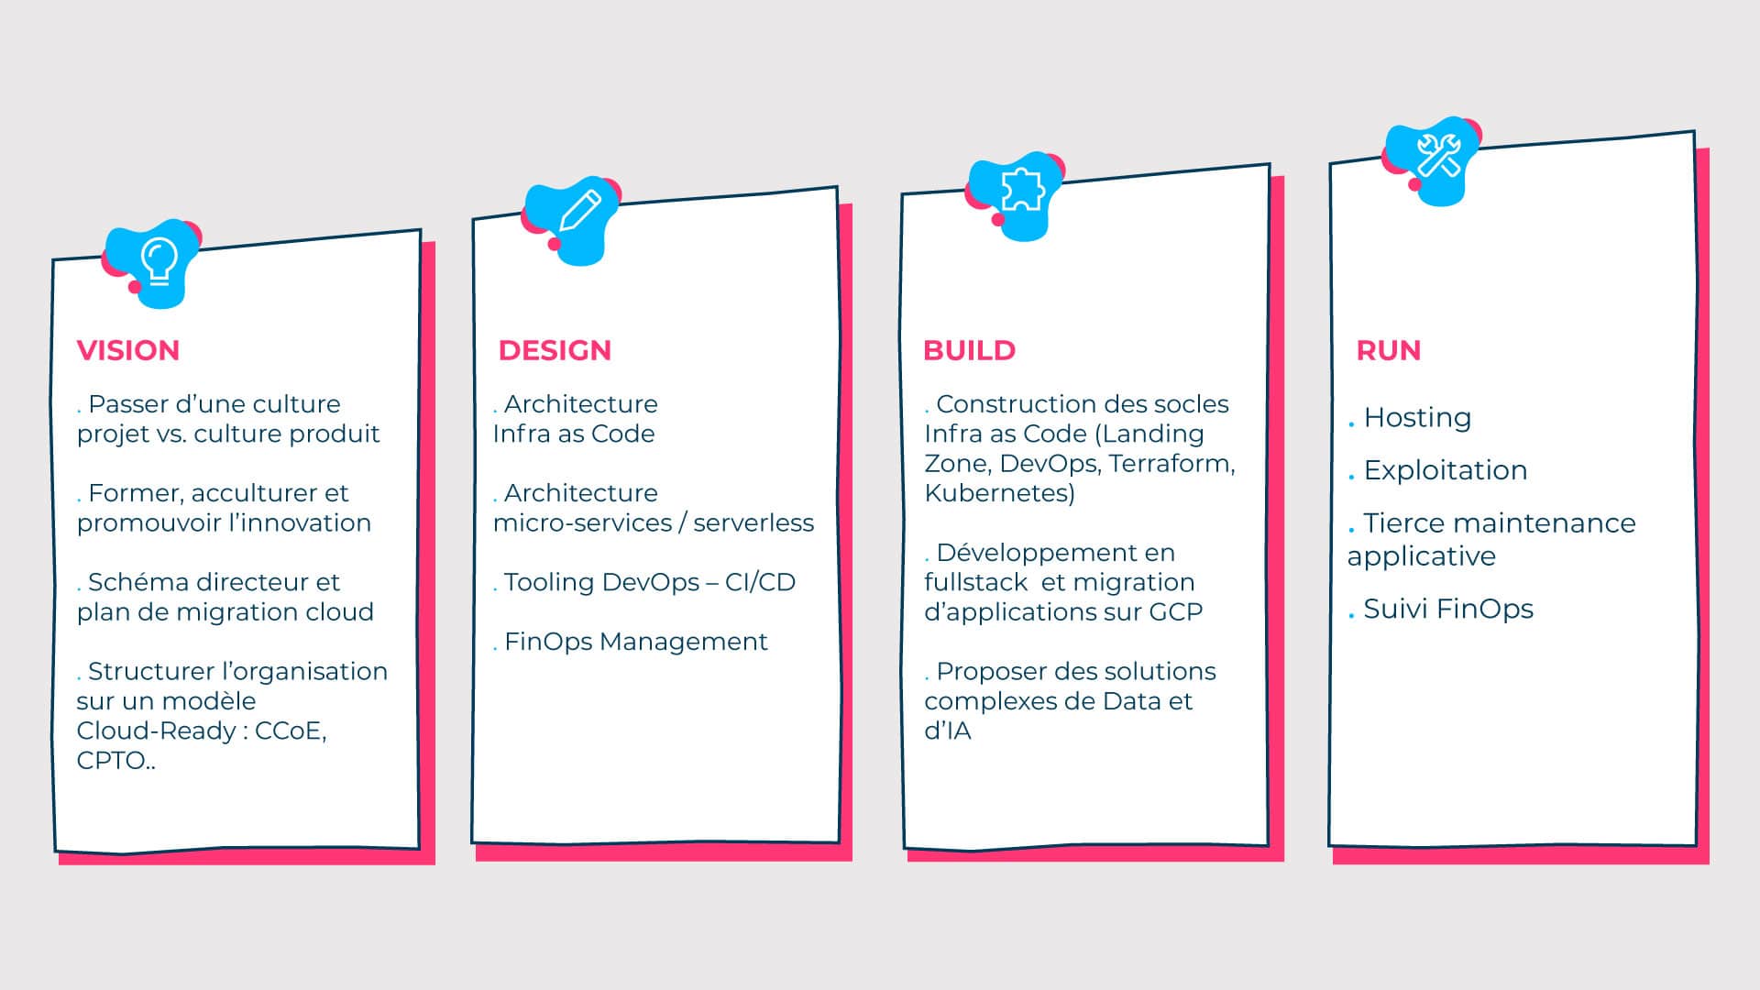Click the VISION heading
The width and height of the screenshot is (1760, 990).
[x=128, y=350]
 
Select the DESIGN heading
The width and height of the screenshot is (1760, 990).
[x=555, y=350]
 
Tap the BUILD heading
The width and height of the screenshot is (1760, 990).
[x=970, y=350]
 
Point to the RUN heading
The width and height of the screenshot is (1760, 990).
[x=1389, y=350]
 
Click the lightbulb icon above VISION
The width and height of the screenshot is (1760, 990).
[x=159, y=260]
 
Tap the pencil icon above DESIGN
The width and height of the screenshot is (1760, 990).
[x=579, y=211]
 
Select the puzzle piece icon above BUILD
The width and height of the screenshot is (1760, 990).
[x=1022, y=190]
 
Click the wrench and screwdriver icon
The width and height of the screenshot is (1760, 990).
[x=1438, y=155]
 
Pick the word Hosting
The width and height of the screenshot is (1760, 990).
[x=1417, y=418]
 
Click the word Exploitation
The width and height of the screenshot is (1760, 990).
[x=1446, y=470]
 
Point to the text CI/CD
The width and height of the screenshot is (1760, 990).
[x=760, y=582]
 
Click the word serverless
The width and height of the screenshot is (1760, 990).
[x=753, y=523]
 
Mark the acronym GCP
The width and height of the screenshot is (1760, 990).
[x=1176, y=612]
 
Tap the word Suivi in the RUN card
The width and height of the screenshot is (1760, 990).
[x=1391, y=609]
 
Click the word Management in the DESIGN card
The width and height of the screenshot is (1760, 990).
[x=684, y=642]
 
